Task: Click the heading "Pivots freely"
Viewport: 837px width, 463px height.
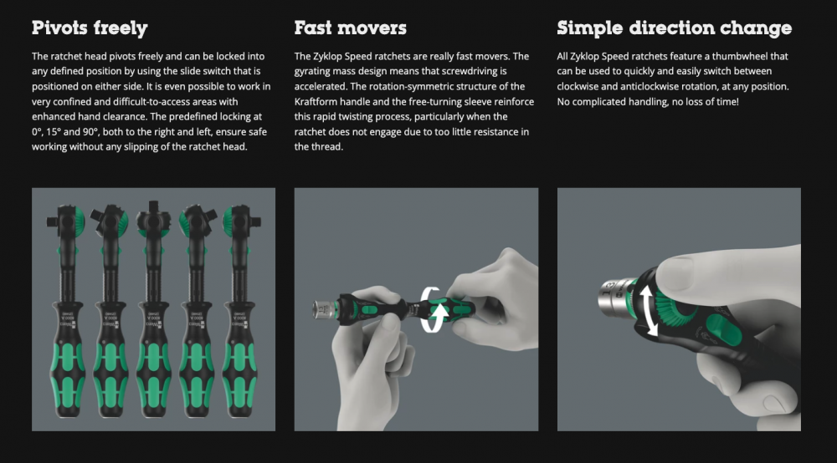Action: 90,28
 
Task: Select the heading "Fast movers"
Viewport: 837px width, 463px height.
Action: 350,28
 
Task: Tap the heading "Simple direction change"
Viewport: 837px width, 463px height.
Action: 674,28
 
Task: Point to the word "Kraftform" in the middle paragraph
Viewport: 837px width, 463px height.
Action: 316,101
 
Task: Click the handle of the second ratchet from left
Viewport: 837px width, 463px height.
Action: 110,359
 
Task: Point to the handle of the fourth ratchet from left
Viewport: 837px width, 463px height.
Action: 197,359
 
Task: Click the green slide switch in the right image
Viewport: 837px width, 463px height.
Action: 722,329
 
